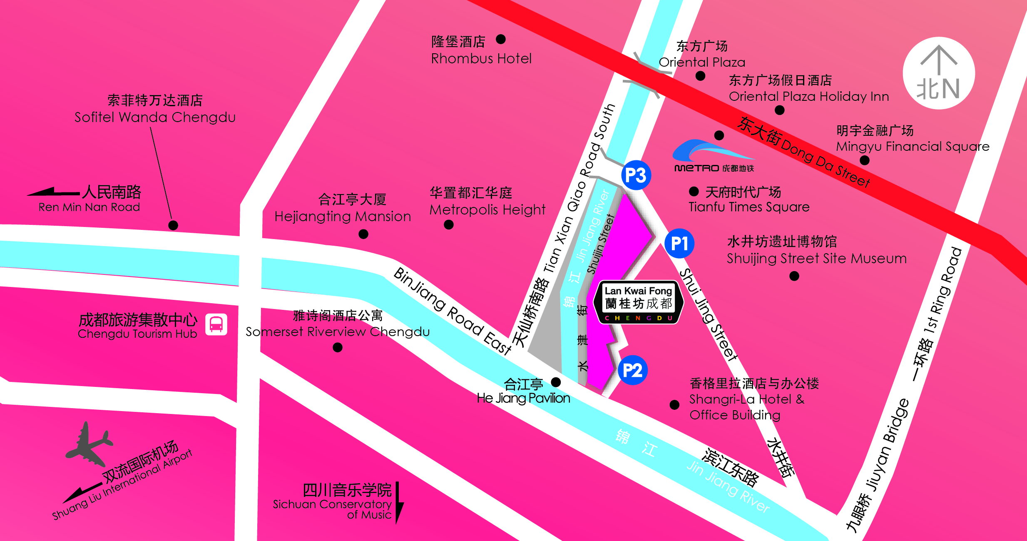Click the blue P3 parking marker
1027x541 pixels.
pos(636,175)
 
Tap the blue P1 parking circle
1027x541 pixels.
pos(679,243)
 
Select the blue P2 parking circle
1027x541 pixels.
pos(632,370)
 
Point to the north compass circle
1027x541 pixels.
pos(939,73)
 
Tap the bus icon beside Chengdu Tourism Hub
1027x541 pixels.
pos(216,324)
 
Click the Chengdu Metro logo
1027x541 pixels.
pos(714,156)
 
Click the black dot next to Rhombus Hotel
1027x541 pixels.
pos(501,39)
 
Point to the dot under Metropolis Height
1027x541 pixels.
pos(448,225)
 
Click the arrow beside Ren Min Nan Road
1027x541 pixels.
pos(53,192)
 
